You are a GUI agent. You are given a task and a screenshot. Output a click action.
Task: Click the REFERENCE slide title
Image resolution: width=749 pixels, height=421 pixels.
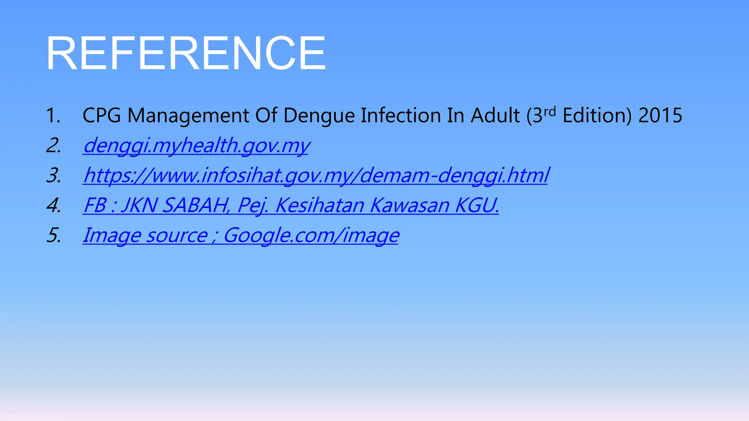tap(186, 53)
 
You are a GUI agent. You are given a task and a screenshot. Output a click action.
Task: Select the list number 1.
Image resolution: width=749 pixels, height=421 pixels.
tap(53, 115)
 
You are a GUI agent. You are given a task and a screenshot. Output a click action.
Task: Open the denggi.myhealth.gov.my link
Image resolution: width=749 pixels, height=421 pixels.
tap(196, 145)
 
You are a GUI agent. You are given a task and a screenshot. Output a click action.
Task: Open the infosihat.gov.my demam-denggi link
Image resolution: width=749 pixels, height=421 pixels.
tap(316, 175)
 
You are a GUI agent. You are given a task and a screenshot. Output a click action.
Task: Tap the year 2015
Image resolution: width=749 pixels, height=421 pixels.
tap(660, 115)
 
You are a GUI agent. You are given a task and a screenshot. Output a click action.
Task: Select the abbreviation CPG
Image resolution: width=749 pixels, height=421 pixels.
tap(102, 115)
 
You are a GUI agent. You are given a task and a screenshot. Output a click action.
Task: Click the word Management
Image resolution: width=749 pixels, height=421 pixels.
tap(188, 115)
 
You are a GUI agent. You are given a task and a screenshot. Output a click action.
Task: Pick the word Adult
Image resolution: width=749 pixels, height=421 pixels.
tap(495, 115)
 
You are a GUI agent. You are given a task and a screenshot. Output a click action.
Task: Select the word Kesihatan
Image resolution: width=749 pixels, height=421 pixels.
tap(320, 205)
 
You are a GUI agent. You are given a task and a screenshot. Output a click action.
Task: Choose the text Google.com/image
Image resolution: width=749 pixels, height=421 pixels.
tap(311, 235)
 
